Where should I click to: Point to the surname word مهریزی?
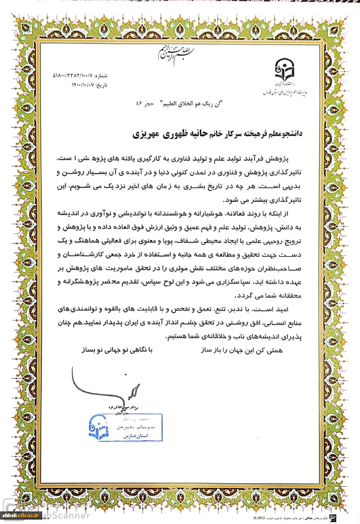pyautogui.click(x=148, y=133)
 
